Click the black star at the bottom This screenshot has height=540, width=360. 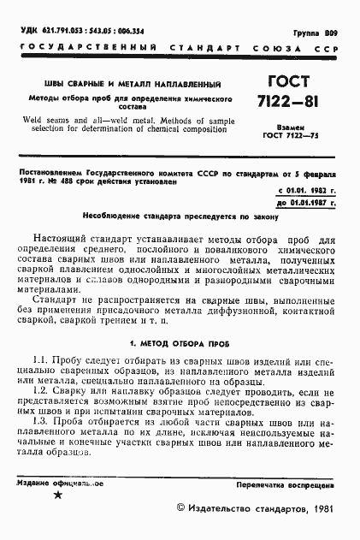point(57,497)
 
